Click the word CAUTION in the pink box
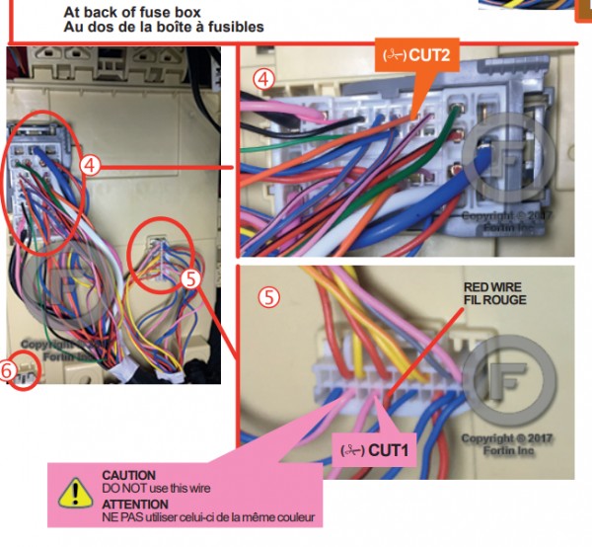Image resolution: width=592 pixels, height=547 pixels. point(128,476)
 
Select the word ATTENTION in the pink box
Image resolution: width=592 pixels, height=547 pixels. point(134,504)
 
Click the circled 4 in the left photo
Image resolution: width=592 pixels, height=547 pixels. point(90,166)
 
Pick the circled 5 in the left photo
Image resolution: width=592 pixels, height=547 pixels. point(190,279)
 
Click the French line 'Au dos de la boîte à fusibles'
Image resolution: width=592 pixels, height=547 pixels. point(163,27)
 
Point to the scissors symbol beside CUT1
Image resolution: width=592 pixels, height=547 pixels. point(349,449)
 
